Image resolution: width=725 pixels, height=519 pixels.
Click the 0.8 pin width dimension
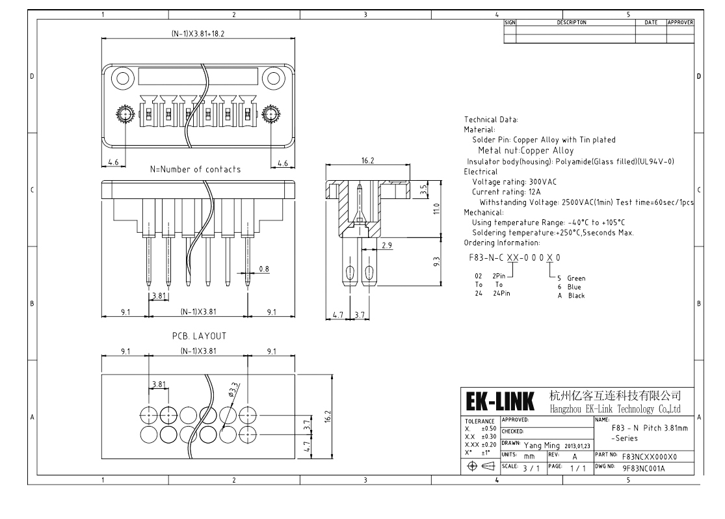click(264, 268)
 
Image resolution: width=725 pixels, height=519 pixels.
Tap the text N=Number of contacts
click(195, 169)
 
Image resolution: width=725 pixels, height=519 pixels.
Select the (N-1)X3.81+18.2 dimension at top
click(198, 33)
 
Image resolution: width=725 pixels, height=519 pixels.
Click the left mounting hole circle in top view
click(123, 81)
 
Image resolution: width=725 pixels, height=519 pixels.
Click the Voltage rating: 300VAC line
click(505, 181)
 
